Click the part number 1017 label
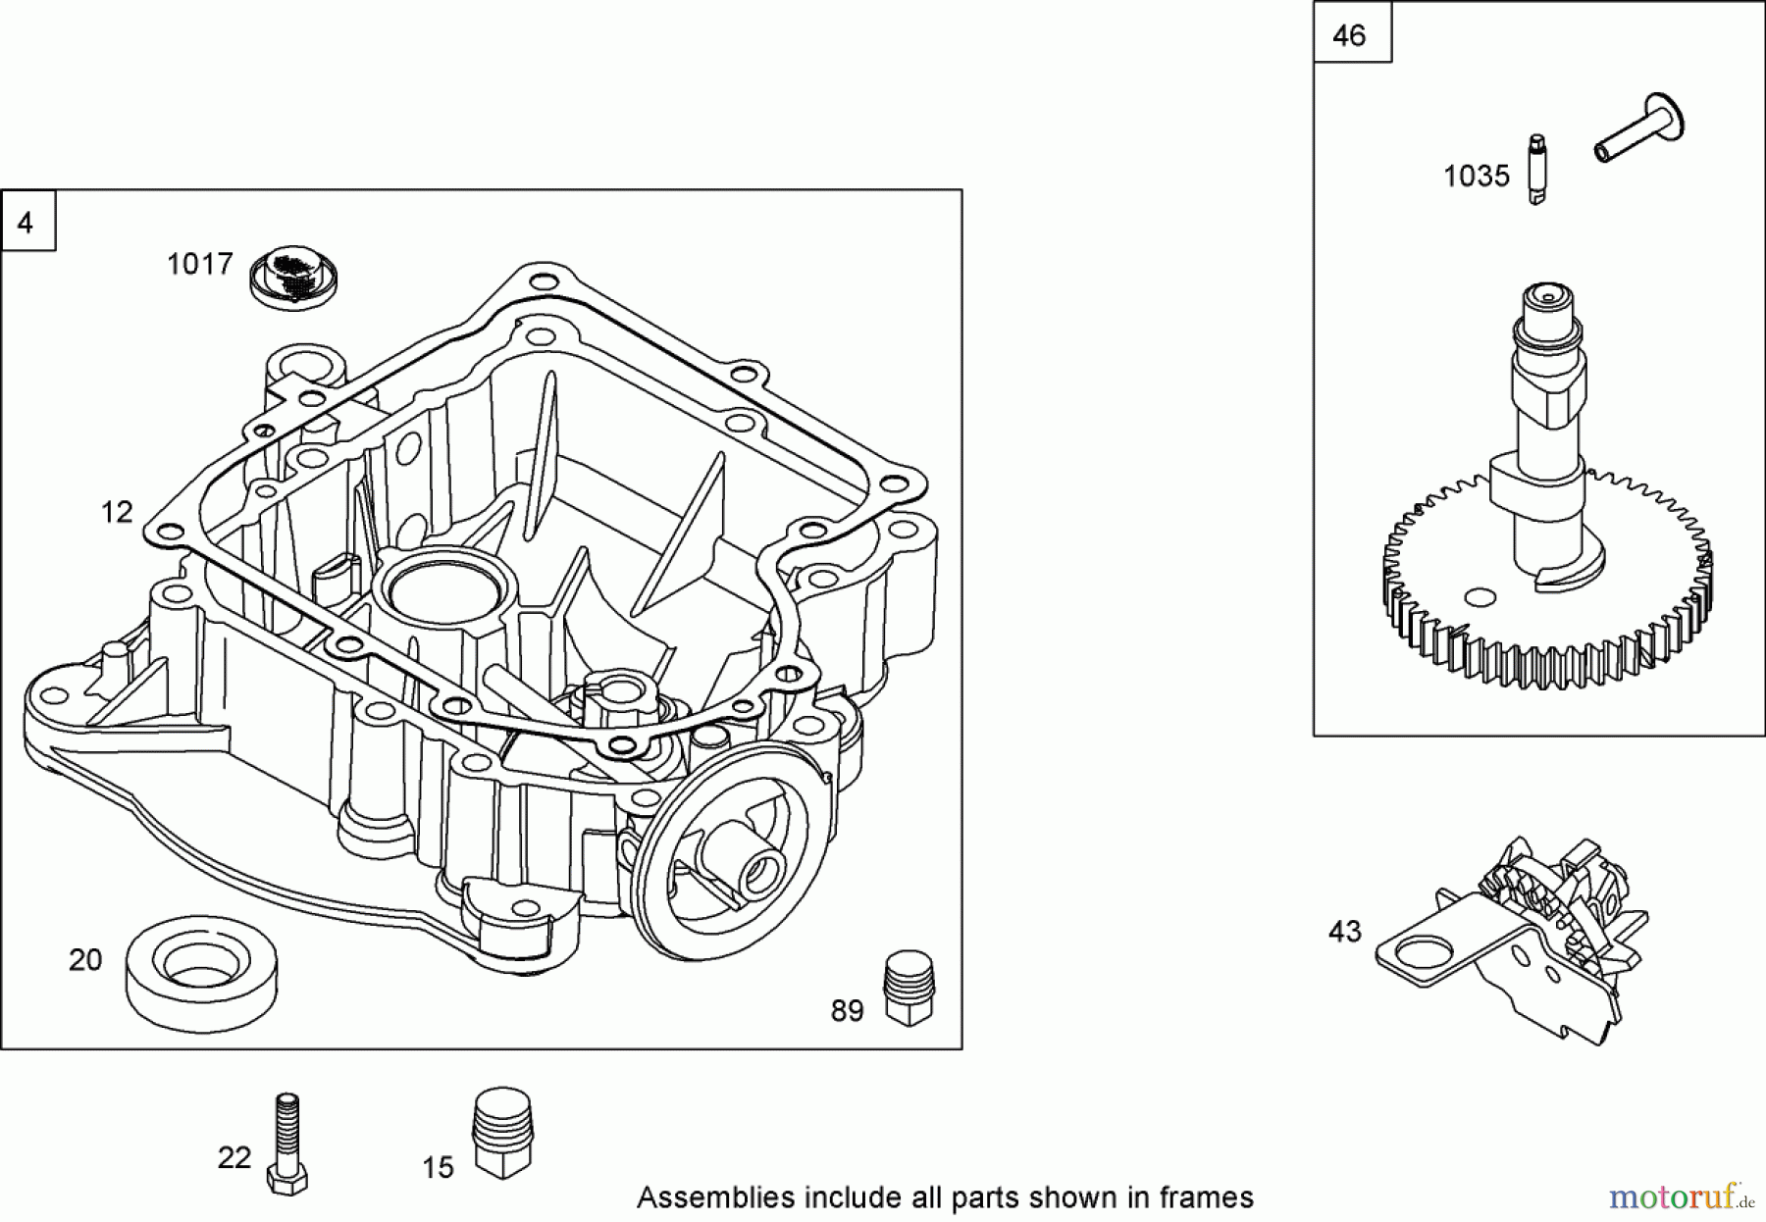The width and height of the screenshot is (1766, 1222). pyautogui.click(x=199, y=264)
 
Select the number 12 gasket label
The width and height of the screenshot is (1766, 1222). pyautogui.click(x=117, y=512)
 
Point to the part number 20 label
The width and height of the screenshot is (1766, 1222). pyautogui.click(x=85, y=959)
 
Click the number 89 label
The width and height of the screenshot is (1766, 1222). pyautogui.click(x=848, y=1011)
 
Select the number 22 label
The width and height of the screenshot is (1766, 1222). pyautogui.click(x=234, y=1158)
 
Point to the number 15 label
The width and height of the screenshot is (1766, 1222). pyautogui.click(x=439, y=1167)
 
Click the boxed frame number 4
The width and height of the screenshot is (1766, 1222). pyautogui.click(x=26, y=224)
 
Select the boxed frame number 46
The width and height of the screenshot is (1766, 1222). pyautogui.click(x=1351, y=36)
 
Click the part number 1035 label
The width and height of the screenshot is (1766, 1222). pyautogui.click(x=1476, y=177)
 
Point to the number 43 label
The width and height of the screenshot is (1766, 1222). pyautogui.click(x=1344, y=931)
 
